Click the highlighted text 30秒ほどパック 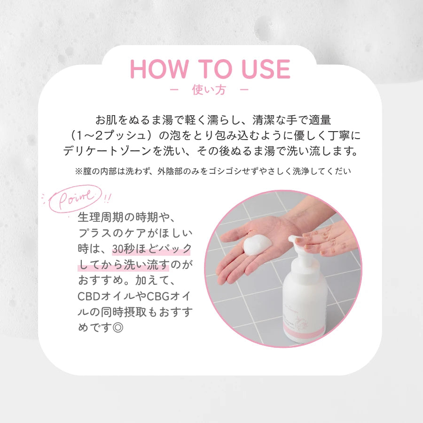152,249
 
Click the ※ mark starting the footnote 79,171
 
